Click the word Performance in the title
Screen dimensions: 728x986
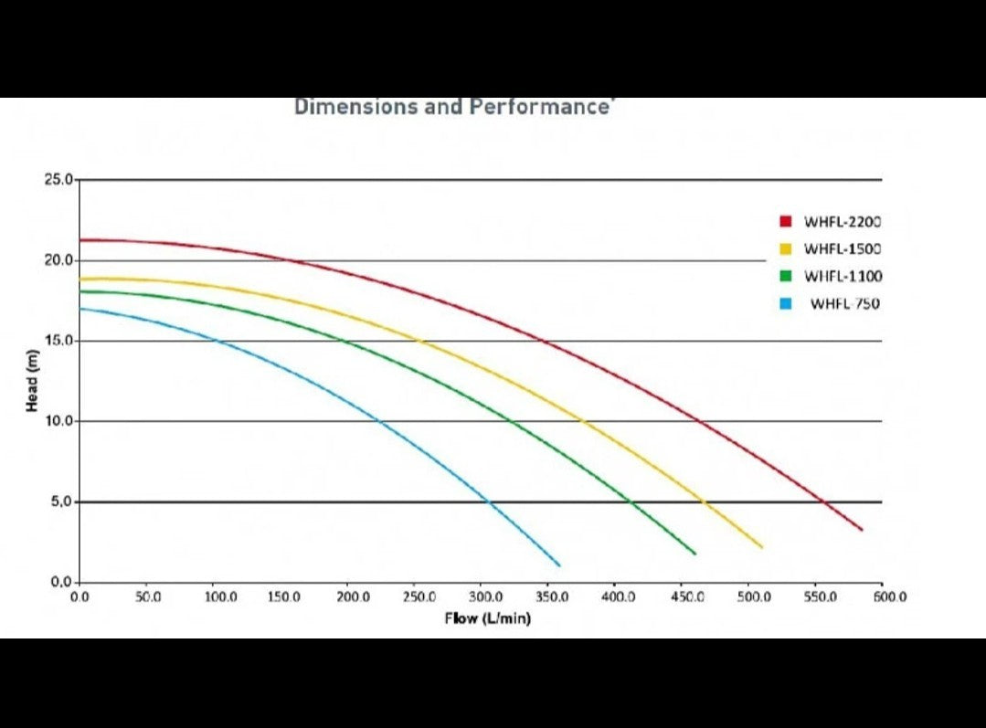point(539,107)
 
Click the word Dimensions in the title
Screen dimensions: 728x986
point(355,107)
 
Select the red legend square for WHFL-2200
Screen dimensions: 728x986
point(785,221)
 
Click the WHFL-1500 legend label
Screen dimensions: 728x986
point(843,248)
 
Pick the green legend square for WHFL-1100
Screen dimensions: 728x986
point(785,276)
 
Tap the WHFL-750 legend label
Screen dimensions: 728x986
point(844,303)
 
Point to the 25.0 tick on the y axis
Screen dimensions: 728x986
point(58,179)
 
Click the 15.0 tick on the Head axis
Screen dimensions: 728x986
point(58,341)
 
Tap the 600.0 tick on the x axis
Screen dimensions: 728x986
point(888,596)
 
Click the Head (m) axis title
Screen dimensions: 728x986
point(31,380)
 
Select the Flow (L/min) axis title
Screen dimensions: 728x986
point(487,618)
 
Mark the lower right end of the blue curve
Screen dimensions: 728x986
point(558,564)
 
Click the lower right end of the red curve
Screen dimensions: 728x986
point(861,529)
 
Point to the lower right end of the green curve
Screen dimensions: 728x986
point(694,554)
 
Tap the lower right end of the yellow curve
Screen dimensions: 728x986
point(761,546)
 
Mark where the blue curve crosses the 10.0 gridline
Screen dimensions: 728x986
point(377,421)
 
